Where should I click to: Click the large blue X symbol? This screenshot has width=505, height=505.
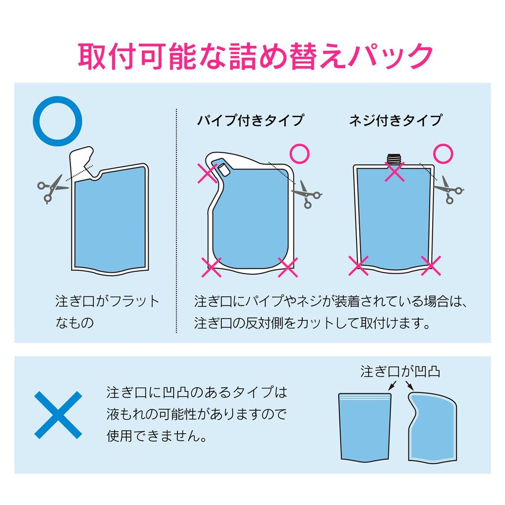(58, 415)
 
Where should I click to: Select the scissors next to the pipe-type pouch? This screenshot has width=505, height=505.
(306, 194)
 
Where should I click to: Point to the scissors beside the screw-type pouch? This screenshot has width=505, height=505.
(449, 190)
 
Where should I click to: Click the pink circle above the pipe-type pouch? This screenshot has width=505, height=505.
(299, 144)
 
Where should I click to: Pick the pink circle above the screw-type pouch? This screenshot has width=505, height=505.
(443, 144)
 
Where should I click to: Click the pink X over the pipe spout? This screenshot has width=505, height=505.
(208, 173)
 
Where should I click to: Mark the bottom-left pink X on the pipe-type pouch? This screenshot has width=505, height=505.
(211, 267)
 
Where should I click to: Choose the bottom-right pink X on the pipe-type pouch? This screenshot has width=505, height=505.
(288, 267)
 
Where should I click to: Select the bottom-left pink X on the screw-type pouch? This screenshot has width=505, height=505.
(358, 266)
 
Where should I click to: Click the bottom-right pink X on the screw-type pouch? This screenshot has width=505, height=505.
(431, 266)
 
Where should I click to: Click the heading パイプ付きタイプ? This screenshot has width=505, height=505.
(250, 120)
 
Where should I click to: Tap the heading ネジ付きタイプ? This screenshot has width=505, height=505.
(396, 120)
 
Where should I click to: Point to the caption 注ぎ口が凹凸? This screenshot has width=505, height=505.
(400, 371)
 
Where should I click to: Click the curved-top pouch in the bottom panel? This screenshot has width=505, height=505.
(433, 427)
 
